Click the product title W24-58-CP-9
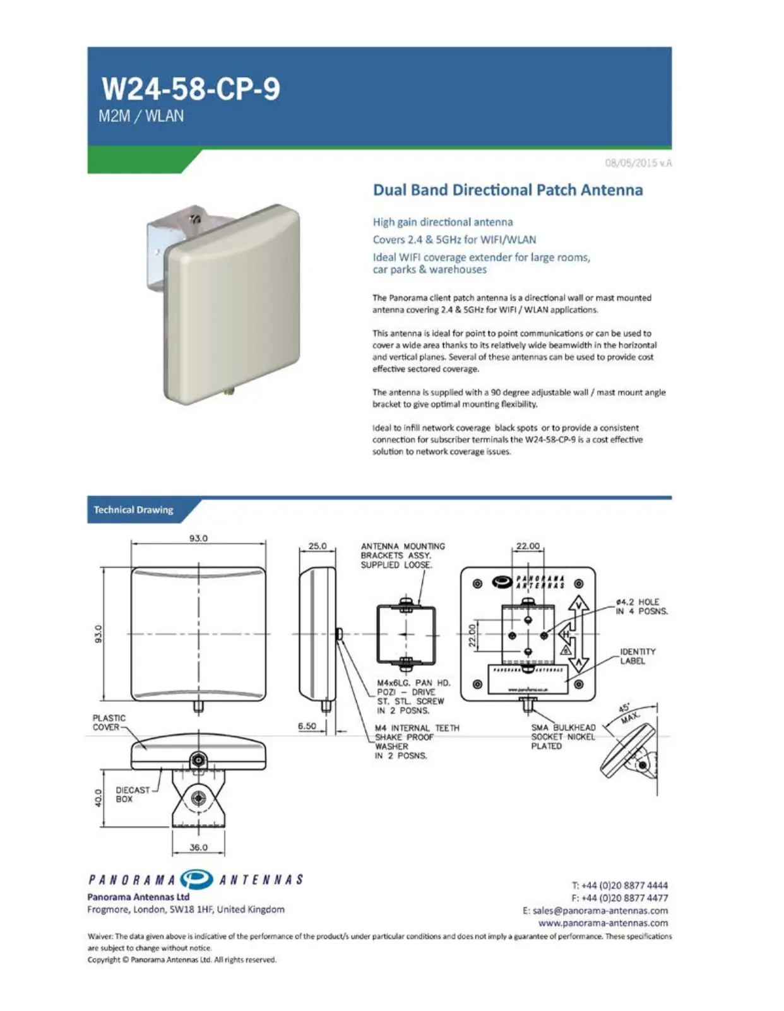click(x=191, y=89)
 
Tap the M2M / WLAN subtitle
click(x=141, y=117)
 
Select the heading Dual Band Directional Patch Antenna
click(x=508, y=190)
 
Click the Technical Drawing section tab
click(x=133, y=510)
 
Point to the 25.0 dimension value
click(x=317, y=546)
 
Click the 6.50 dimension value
click(x=307, y=726)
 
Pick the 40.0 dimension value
click(x=98, y=798)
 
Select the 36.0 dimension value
click(x=198, y=848)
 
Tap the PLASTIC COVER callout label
click(x=109, y=723)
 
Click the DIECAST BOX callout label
click(x=132, y=795)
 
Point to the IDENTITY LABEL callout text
click(x=638, y=656)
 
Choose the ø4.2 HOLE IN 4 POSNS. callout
click(x=641, y=606)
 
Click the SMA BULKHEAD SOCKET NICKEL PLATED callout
click(x=563, y=736)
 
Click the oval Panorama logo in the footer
click(x=196, y=880)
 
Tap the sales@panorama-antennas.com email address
click(x=595, y=911)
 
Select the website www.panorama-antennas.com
click(x=603, y=923)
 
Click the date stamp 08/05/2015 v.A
click(x=638, y=163)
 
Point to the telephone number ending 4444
click(x=619, y=886)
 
